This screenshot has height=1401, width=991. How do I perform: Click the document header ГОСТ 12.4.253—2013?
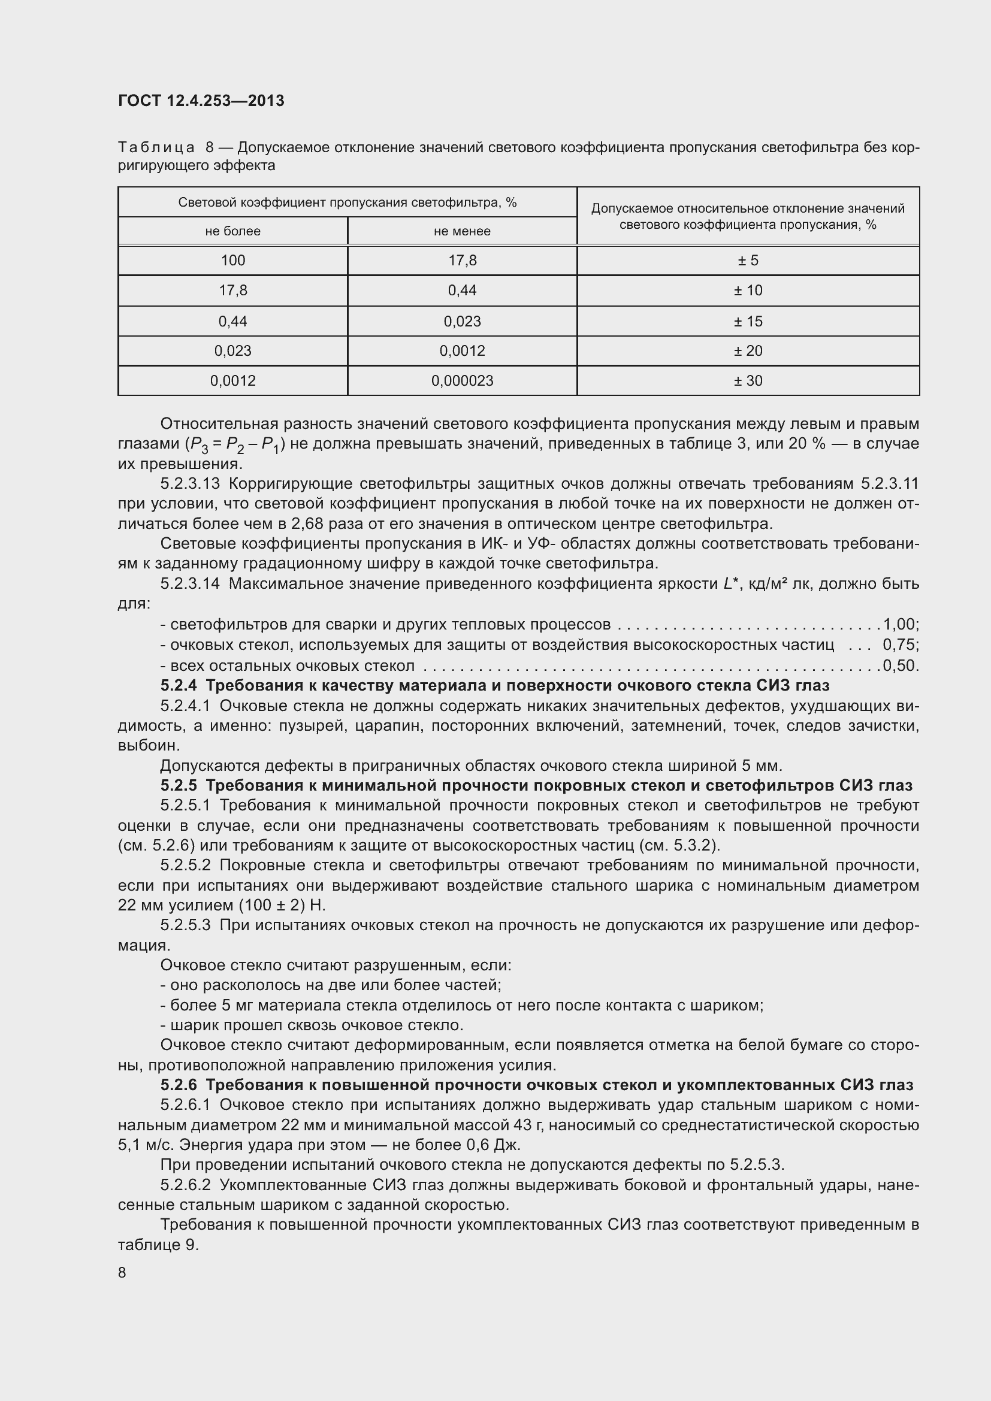201,101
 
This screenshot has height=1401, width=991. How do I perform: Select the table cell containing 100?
232,261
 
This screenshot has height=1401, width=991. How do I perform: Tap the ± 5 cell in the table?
748,261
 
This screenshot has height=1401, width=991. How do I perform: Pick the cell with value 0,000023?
462,381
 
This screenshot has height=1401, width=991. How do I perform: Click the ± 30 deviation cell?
748,381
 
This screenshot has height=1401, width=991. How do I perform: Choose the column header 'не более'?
232,231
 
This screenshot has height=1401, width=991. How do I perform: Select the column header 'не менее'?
462,231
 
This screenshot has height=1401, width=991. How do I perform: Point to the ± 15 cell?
748,321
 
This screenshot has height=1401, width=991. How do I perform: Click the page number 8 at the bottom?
122,1272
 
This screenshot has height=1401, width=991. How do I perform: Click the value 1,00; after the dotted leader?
901,624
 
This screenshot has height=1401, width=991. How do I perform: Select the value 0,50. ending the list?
901,665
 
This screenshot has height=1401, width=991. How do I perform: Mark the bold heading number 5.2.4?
178,685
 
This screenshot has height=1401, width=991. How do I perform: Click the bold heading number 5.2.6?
178,1084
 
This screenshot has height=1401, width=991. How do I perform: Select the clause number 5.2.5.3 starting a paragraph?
185,925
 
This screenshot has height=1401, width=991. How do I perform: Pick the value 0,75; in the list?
901,645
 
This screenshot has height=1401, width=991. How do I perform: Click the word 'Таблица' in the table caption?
156,148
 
